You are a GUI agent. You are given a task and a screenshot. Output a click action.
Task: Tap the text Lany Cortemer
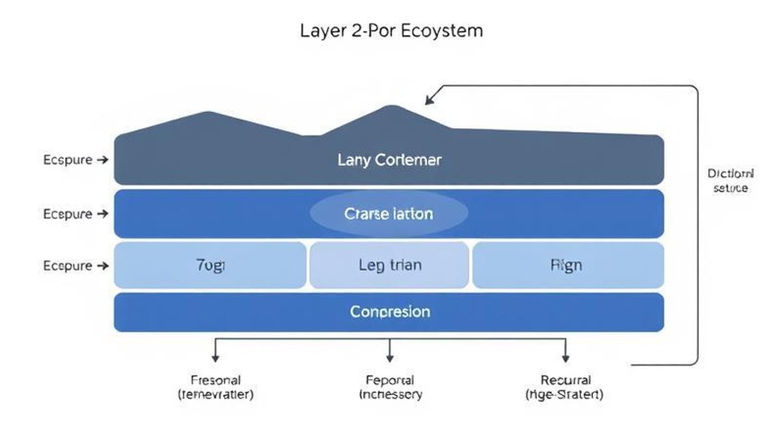pos(389,160)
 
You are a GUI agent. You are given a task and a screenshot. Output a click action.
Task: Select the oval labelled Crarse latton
pos(389,213)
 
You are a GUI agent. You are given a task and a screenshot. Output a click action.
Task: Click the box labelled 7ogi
pos(210,265)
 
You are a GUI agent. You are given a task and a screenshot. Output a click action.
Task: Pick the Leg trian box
pos(389,265)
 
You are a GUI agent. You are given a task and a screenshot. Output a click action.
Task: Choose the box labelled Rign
pos(567,265)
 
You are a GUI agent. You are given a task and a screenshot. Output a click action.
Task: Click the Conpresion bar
pos(389,312)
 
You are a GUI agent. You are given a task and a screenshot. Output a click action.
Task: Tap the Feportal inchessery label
pos(390,387)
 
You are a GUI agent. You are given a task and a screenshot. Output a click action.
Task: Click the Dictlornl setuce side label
pos(730,181)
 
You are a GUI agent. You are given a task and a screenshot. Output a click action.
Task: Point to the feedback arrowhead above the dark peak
pos(430,99)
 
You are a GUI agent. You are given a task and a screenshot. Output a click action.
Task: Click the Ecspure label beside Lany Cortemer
pos(68,160)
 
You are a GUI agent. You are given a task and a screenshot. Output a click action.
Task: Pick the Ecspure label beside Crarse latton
pos(68,213)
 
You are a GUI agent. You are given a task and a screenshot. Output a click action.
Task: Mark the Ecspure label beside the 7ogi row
pos(68,265)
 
